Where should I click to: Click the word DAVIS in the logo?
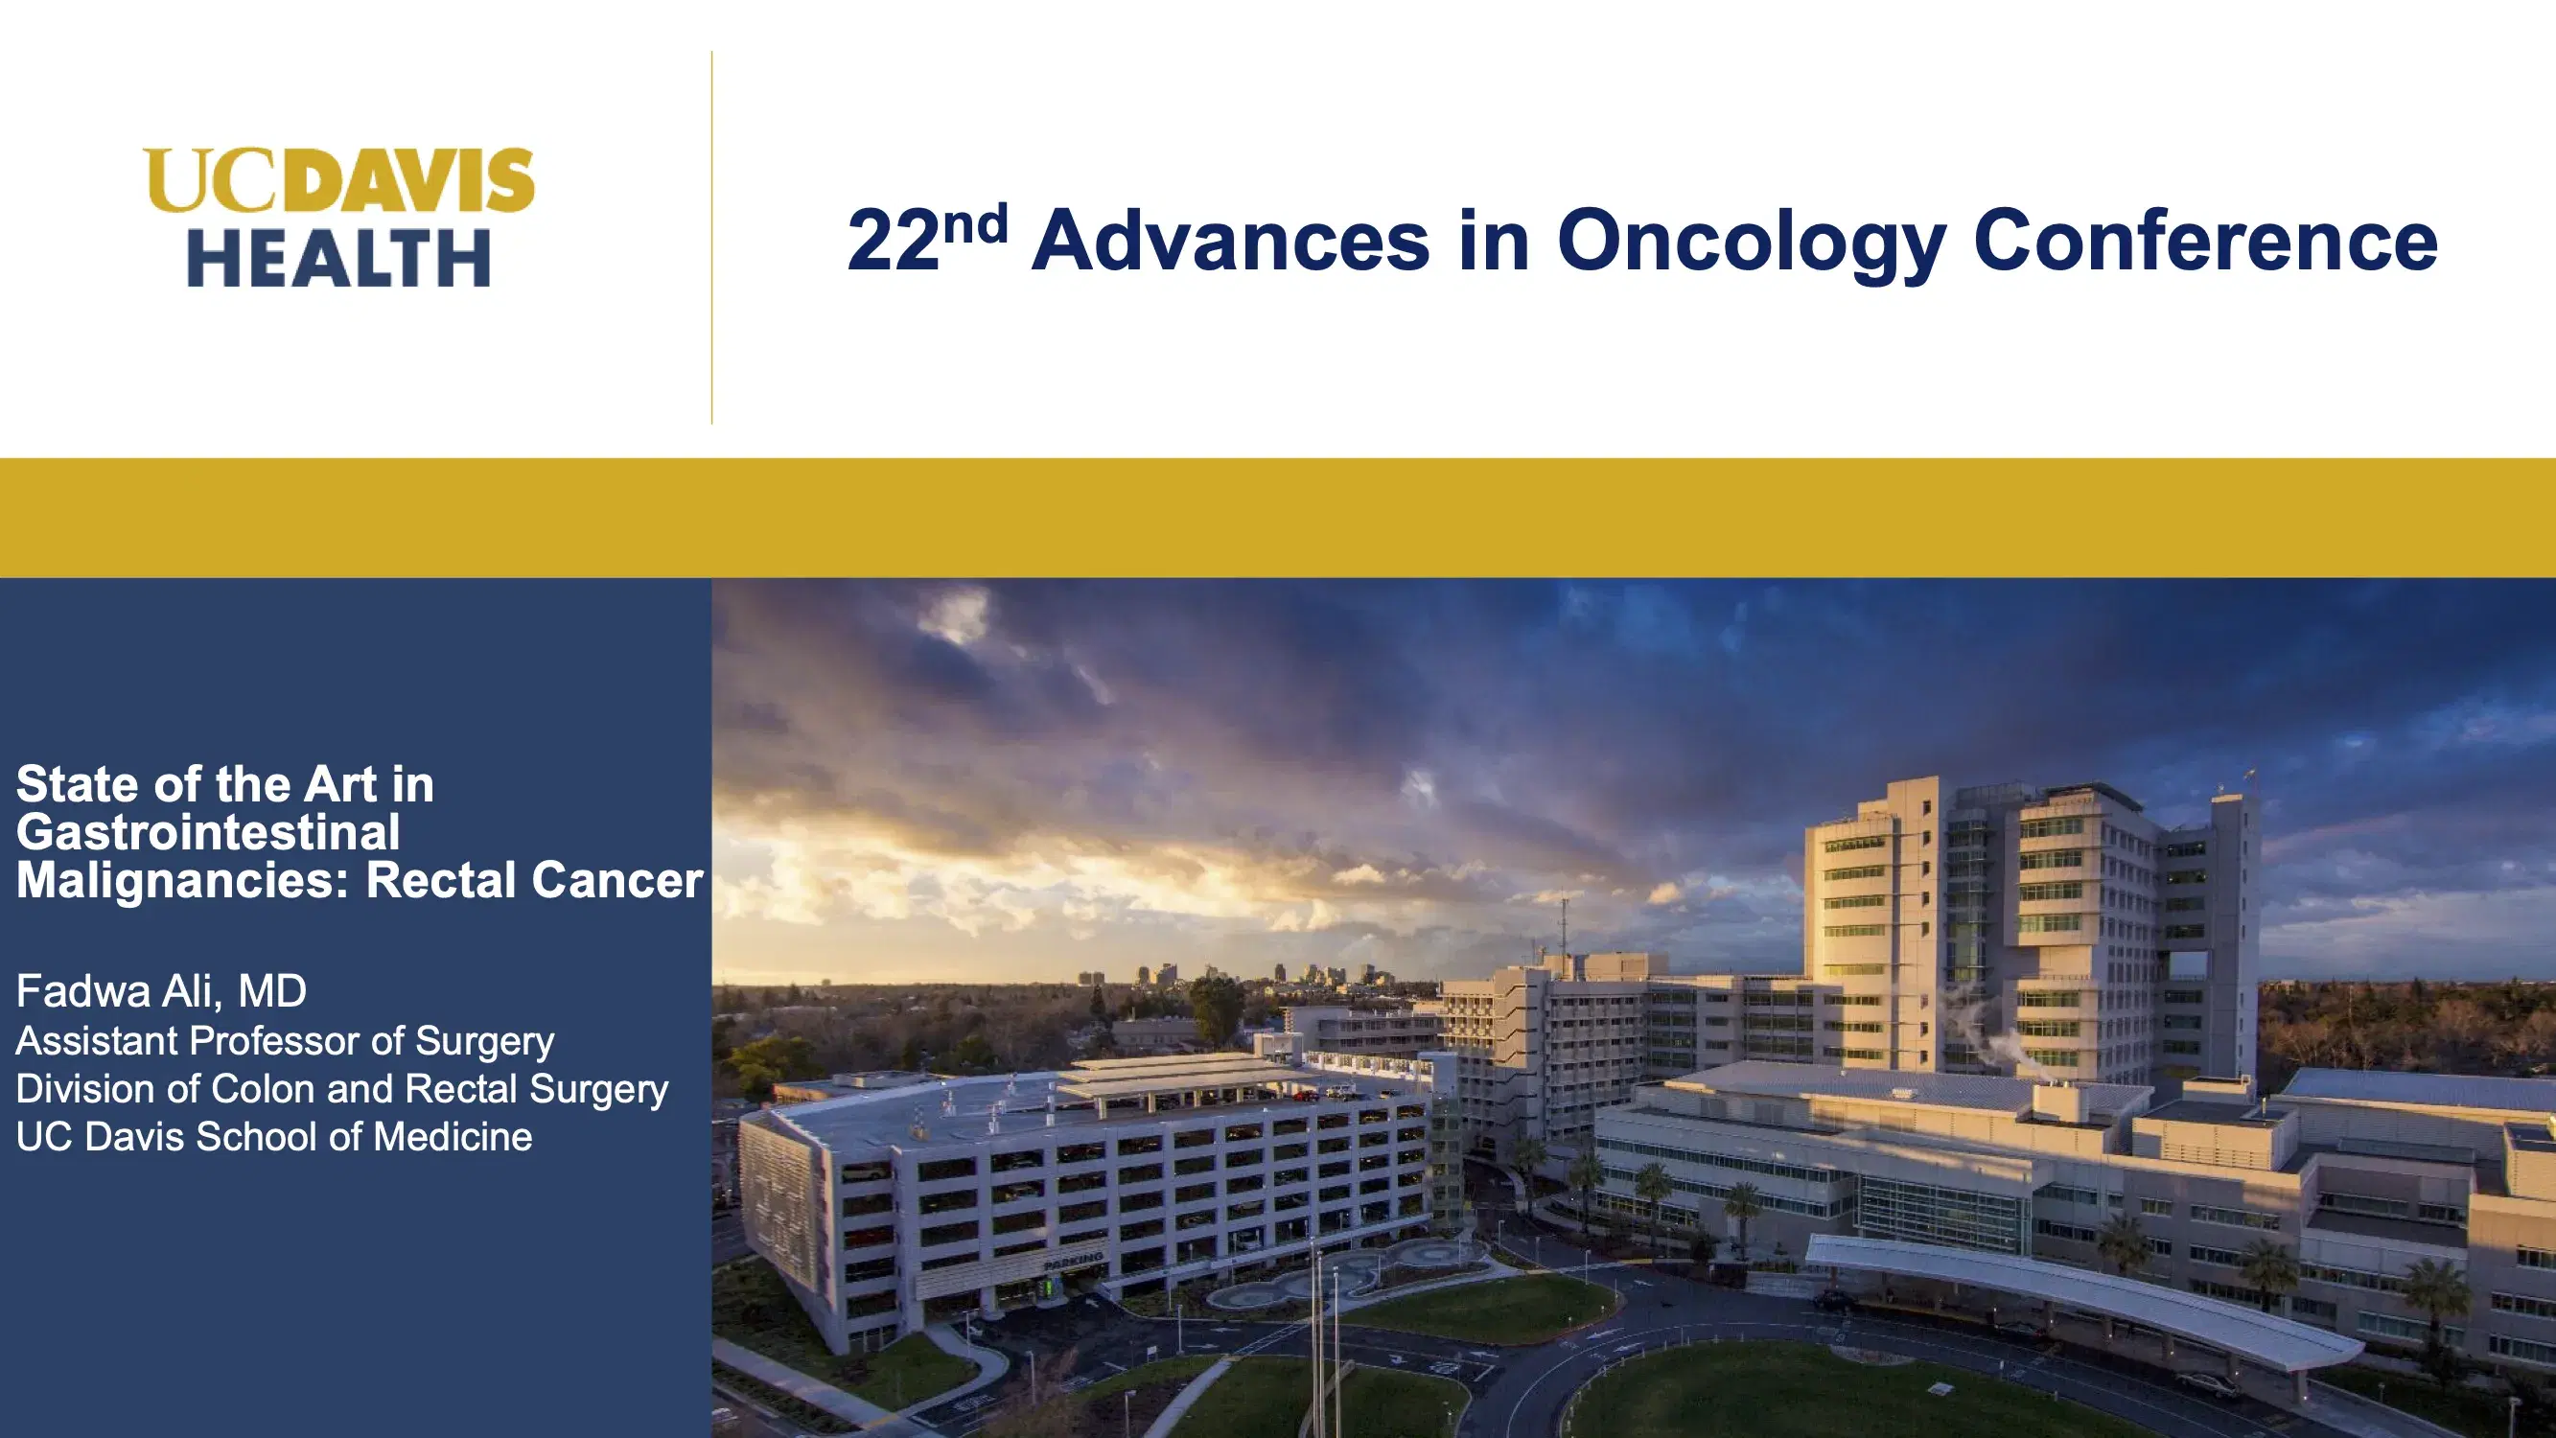tap(415, 180)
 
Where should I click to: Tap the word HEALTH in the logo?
tap(339, 258)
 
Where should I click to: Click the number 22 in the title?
tap(892, 241)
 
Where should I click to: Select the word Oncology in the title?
tap(1752, 241)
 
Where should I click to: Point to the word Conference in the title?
tap(2205, 241)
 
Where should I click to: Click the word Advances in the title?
tap(1230, 241)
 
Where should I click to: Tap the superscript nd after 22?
tap(974, 224)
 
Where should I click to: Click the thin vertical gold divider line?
tap(711, 238)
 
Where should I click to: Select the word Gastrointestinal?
tap(208, 831)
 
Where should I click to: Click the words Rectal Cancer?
tap(534, 879)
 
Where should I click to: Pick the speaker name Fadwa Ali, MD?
tap(162, 990)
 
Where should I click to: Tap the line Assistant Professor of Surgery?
tap(285, 1040)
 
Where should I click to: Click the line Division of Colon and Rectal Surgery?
tap(341, 1089)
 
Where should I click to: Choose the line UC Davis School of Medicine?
tap(274, 1136)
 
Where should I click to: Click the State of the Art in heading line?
tap(225, 784)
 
